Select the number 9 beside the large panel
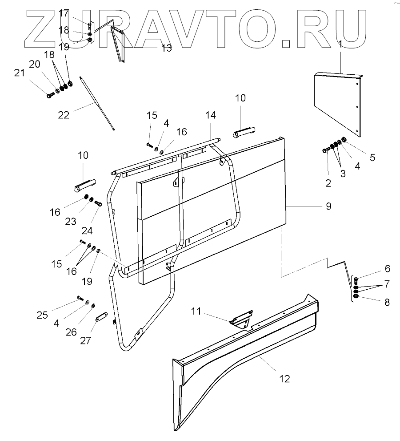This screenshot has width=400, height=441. click(x=328, y=206)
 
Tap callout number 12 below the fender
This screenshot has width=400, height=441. click(x=284, y=379)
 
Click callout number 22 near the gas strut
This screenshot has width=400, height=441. click(x=64, y=114)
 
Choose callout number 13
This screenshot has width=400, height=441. click(x=166, y=48)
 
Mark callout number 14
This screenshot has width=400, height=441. click(x=211, y=115)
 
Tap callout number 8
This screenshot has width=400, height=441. click(x=387, y=302)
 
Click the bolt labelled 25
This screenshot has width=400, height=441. click(x=80, y=297)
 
